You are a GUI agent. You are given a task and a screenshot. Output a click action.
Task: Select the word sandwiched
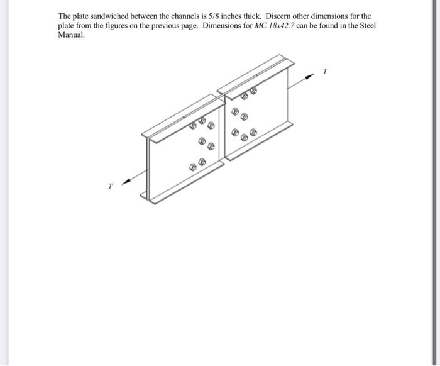point(110,16)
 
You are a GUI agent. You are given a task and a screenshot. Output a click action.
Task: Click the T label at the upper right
point(325,71)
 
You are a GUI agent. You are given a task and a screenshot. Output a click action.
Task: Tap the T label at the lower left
point(111,186)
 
